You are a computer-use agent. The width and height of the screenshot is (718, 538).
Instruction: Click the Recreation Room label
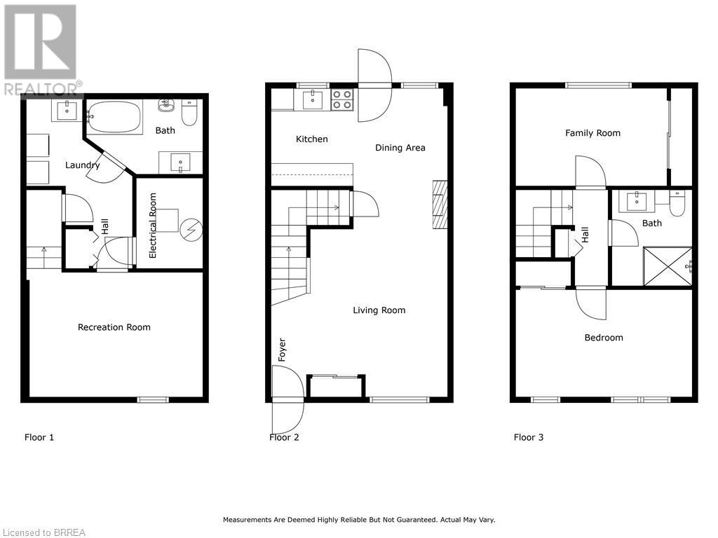tap(114, 327)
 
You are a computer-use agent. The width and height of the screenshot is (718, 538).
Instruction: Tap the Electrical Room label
tap(152, 226)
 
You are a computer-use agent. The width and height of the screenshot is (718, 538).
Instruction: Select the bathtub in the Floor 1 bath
tap(114, 117)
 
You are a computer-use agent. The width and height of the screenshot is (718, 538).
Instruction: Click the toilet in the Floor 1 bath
tap(189, 113)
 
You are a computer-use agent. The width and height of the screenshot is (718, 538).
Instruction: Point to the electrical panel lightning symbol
tap(191, 230)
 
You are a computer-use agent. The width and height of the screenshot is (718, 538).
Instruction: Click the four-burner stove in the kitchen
tap(342, 99)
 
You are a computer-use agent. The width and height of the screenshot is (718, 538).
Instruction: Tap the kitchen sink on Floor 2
tap(313, 99)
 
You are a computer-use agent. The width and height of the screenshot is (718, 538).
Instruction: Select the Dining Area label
tap(400, 148)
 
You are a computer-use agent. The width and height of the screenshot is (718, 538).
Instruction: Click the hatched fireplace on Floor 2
tap(440, 205)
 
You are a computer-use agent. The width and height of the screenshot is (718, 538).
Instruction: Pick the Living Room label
tap(379, 310)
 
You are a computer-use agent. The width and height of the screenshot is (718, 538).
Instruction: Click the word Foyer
tap(282, 350)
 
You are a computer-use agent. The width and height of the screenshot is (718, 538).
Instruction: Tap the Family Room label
tap(592, 133)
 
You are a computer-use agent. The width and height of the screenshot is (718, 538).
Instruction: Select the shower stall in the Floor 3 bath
tap(668, 267)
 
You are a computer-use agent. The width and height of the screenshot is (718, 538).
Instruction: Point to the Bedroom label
tap(604, 338)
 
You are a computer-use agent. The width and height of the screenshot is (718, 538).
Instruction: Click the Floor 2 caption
tap(284, 437)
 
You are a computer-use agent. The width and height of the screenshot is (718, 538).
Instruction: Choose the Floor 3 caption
tap(529, 437)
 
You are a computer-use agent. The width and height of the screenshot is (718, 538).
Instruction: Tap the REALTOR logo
tap(41, 50)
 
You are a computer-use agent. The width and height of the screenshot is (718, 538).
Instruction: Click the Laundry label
tap(83, 165)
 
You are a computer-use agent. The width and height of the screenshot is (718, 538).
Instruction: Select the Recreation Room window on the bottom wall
tap(153, 400)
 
